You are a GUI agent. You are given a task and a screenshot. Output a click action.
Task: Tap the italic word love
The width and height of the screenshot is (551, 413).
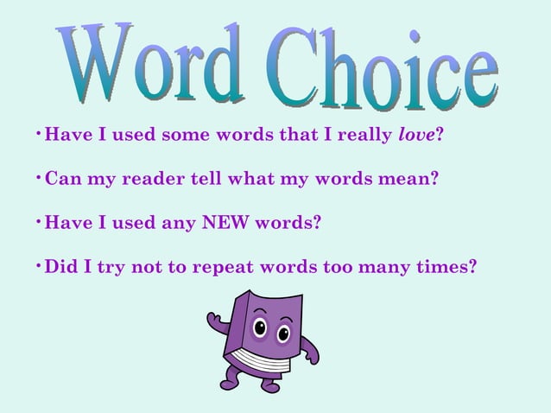417,136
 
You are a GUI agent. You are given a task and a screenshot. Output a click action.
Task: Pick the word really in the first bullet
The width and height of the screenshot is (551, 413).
362,136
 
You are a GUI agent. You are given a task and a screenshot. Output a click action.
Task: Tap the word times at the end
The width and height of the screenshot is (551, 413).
445,267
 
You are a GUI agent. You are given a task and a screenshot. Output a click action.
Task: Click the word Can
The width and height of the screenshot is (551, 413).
62,180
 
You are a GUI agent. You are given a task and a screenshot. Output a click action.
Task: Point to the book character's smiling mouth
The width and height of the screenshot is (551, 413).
272,348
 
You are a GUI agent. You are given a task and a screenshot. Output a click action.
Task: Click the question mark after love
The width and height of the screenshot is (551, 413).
440,136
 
